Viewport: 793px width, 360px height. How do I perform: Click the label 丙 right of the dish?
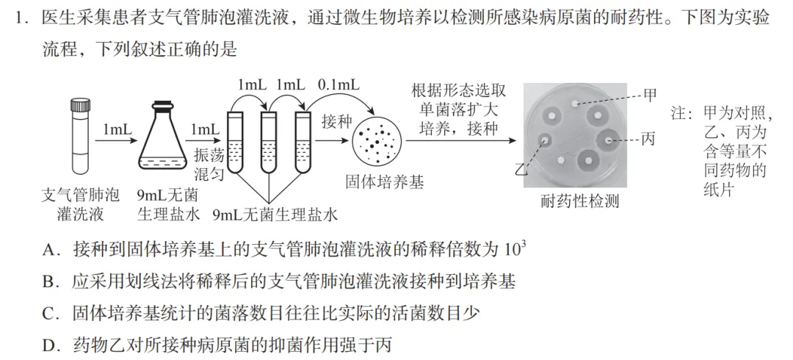[649, 139]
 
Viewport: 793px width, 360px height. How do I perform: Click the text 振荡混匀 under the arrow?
[209, 166]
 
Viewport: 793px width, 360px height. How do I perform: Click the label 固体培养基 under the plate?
[384, 182]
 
